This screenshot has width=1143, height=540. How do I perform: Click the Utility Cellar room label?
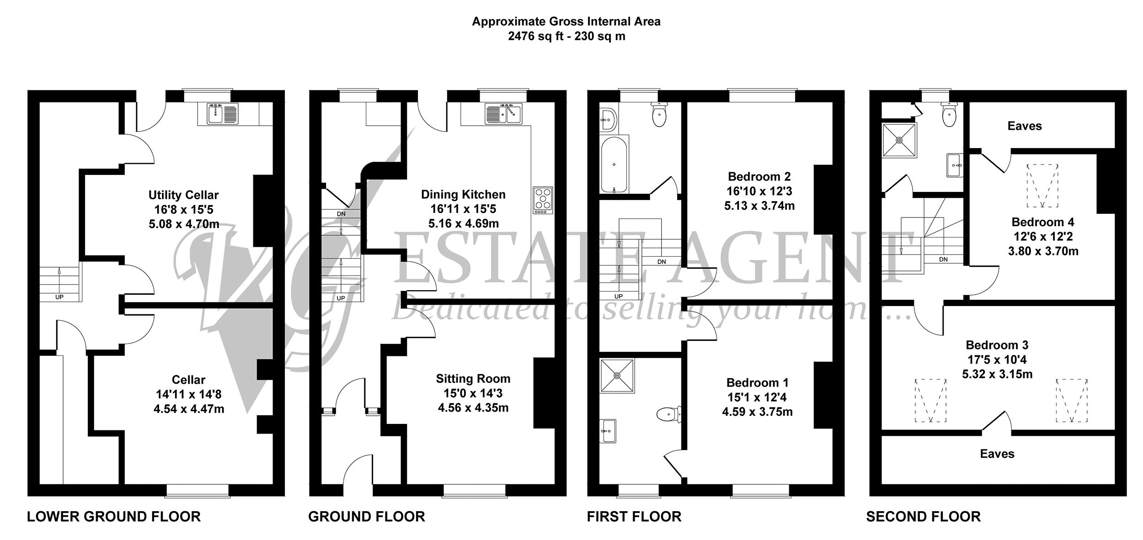tap(183, 195)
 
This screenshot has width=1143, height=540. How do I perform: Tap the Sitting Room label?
tap(473, 379)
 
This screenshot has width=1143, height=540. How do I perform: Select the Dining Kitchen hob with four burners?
tap(543, 201)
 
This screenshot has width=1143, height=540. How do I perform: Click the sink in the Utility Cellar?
tap(223, 114)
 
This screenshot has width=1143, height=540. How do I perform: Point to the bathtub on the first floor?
tap(614, 164)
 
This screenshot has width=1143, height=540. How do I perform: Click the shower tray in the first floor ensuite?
tap(618, 376)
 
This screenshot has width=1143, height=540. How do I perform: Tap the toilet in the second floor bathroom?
tap(949, 115)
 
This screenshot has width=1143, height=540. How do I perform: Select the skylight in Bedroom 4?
tap(1042, 186)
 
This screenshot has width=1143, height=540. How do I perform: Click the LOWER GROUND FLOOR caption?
tap(114, 517)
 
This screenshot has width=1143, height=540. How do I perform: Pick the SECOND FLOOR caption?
tap(924, 517)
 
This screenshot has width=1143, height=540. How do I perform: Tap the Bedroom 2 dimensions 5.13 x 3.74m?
tap(759, 206)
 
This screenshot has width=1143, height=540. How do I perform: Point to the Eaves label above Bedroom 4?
tap(1025, 126)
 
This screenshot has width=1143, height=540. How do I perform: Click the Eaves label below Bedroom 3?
tap(997, 454)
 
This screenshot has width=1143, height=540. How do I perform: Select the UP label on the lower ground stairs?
tap(59, 297)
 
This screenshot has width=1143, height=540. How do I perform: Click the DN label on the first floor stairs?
tap(662, 262)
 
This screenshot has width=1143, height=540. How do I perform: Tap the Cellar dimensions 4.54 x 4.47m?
tap(189, 409)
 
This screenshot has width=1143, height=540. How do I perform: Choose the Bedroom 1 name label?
tap(757, 383)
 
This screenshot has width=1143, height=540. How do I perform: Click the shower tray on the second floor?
tap(899, 140)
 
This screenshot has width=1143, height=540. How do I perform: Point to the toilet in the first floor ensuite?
tap(668, 414)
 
